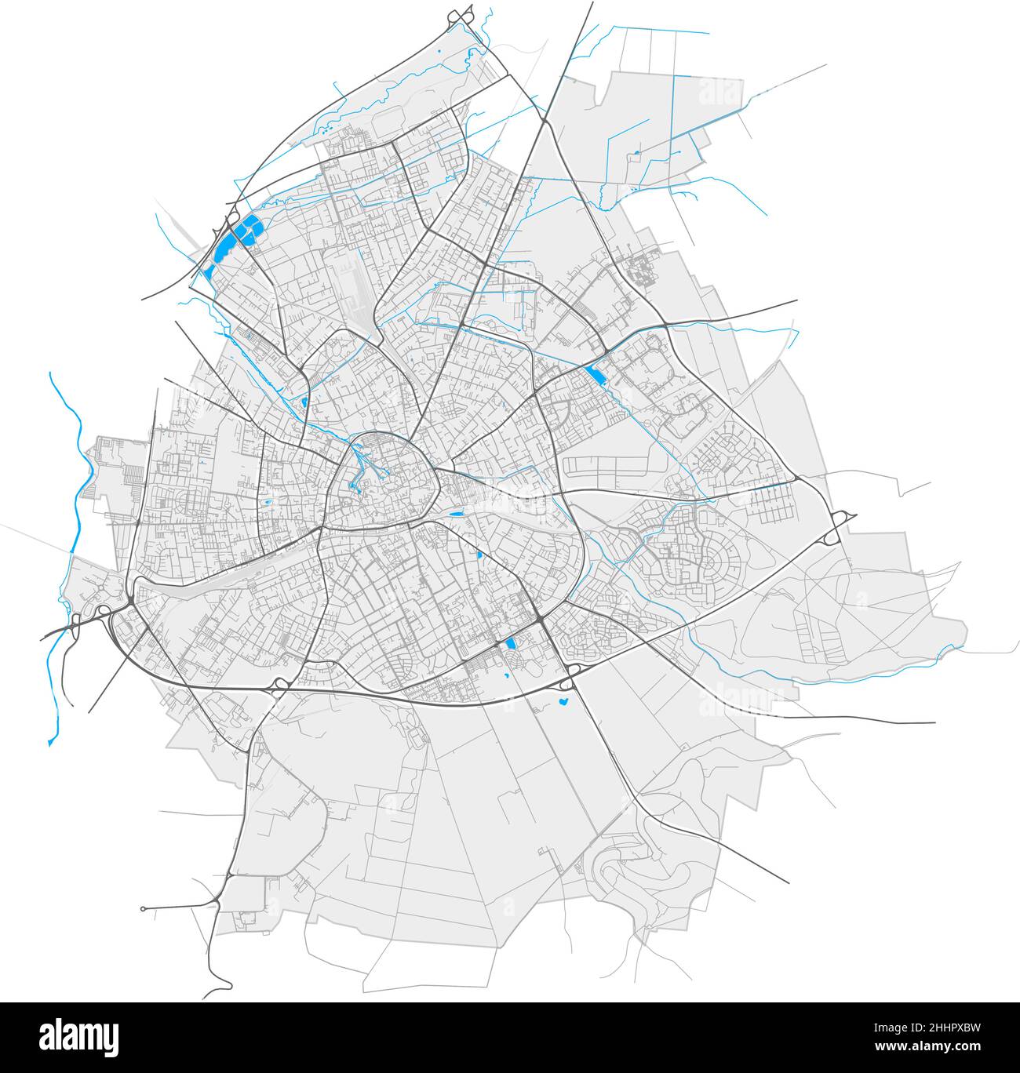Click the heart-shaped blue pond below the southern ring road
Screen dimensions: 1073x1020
click(563, 704)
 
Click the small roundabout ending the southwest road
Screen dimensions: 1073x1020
click(143, 909)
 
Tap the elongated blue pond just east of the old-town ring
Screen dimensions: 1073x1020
click(455, 512)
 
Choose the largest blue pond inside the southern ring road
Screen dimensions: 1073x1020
click(511, 644)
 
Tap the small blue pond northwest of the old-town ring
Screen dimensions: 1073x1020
click(303, 402)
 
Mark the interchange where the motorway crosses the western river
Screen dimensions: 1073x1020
click(78, 624)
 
